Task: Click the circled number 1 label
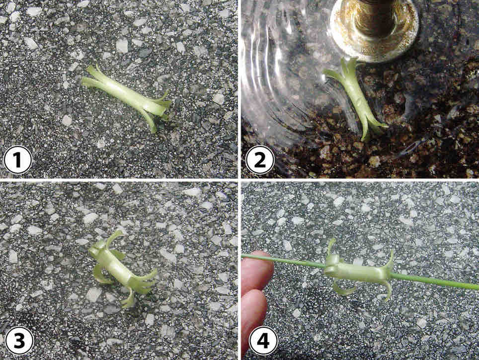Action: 18,160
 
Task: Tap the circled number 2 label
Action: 260,160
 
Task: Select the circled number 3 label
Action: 19,341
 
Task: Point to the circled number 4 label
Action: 263,341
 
